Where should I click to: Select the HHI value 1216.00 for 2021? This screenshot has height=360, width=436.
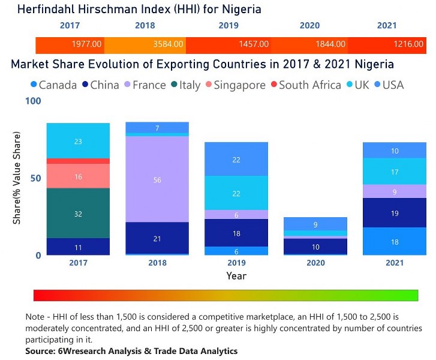click(x=410, y=44)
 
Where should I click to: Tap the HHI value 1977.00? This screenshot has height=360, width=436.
click(x=87, y=44)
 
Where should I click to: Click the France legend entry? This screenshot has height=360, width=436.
click(x=144, y=85)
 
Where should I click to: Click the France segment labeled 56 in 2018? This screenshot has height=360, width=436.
click(x=157, y=179)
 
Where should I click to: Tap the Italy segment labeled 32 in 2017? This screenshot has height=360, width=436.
click(x=78, y=213)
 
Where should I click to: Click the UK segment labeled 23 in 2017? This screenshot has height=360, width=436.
click(x=78, y=141)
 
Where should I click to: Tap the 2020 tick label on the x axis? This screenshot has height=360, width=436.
click(x=315, y=263)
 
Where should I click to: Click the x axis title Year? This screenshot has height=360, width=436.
click(x=236, y=275)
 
